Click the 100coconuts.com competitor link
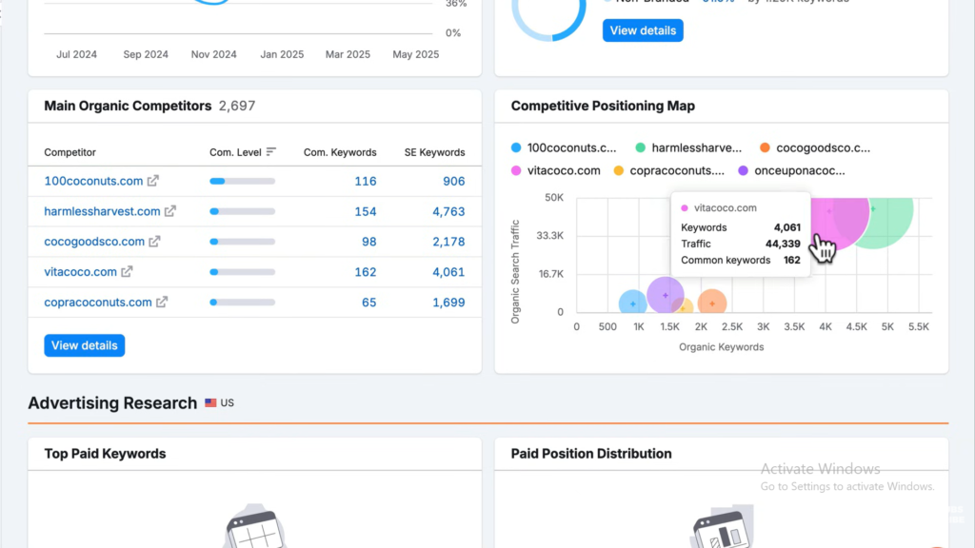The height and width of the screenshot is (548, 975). (x=93, y=181)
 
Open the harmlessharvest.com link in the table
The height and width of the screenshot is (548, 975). (x=102, y=211)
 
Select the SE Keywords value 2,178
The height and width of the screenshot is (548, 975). (x=448, y=242)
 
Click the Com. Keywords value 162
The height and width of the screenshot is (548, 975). (x=365, y=272)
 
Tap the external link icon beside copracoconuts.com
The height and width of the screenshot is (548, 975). (x=162, y=303)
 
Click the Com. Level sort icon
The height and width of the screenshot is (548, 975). (x=271, y=152)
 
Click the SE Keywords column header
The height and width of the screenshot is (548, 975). (x=434, y=152)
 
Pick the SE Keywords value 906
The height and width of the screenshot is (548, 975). (x=453, y=181)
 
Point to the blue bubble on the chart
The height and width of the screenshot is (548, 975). (x=633, y=303)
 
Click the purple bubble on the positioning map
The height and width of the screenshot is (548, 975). (x=665, y=295)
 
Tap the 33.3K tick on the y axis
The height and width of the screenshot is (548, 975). (x=550, y=236)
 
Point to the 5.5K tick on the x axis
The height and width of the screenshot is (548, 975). (x=918, y=327)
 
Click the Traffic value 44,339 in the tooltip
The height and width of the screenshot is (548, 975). (x=783, y=244)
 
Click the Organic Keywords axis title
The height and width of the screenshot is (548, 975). (x=721, y=347)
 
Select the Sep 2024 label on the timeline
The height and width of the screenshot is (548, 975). (x=146, y=54)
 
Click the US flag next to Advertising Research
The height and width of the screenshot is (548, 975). (x=210, y=403)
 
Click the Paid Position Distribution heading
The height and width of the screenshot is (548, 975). (x=591, y=454)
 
